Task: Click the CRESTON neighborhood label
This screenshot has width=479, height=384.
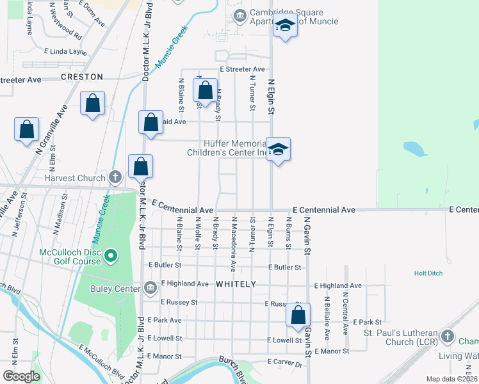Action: [x=81, y=77]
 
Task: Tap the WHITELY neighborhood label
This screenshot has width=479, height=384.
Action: [x=236, y=284]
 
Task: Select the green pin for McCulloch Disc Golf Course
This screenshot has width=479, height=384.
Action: [x=111, y=257]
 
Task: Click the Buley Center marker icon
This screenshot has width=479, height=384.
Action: [x=150, y=287]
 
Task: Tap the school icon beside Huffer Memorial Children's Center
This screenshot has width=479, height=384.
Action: [x=279, y=150]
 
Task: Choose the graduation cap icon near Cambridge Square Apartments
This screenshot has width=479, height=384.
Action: [x=285, y=26]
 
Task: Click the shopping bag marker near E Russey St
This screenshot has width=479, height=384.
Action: [x=298, y=315]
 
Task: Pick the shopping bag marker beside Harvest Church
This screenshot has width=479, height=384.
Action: [x=140, y=166]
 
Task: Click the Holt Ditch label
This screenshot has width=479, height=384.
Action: [x=428, y=273]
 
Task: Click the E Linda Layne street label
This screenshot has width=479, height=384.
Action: [x=65, y=51]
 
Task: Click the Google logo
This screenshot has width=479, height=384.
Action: [x=22, y=376]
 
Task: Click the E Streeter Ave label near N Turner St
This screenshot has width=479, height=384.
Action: [x=242, y=69]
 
